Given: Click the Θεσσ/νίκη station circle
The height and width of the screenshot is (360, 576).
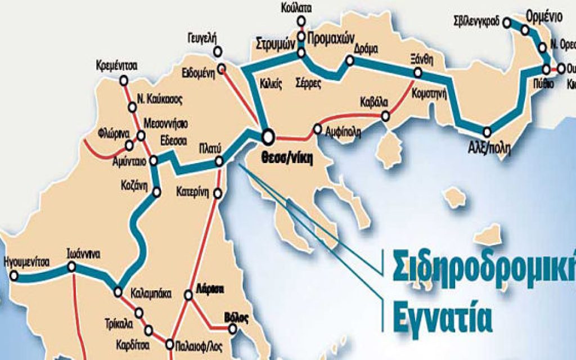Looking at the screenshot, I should [x=267, y=136].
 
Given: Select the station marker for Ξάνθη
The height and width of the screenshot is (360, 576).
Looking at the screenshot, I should [x=418, y=73].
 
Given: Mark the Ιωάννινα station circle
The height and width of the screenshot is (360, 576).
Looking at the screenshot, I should [x=71, y=268].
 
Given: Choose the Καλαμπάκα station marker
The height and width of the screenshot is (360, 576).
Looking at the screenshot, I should [x=118, y=292].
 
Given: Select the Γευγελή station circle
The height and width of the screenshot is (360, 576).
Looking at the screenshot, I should [x=218, y=52].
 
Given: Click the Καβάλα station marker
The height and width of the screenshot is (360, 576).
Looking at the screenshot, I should [x=385, y=116].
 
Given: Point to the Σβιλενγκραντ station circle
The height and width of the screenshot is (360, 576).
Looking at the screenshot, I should [x=507, y=23].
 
